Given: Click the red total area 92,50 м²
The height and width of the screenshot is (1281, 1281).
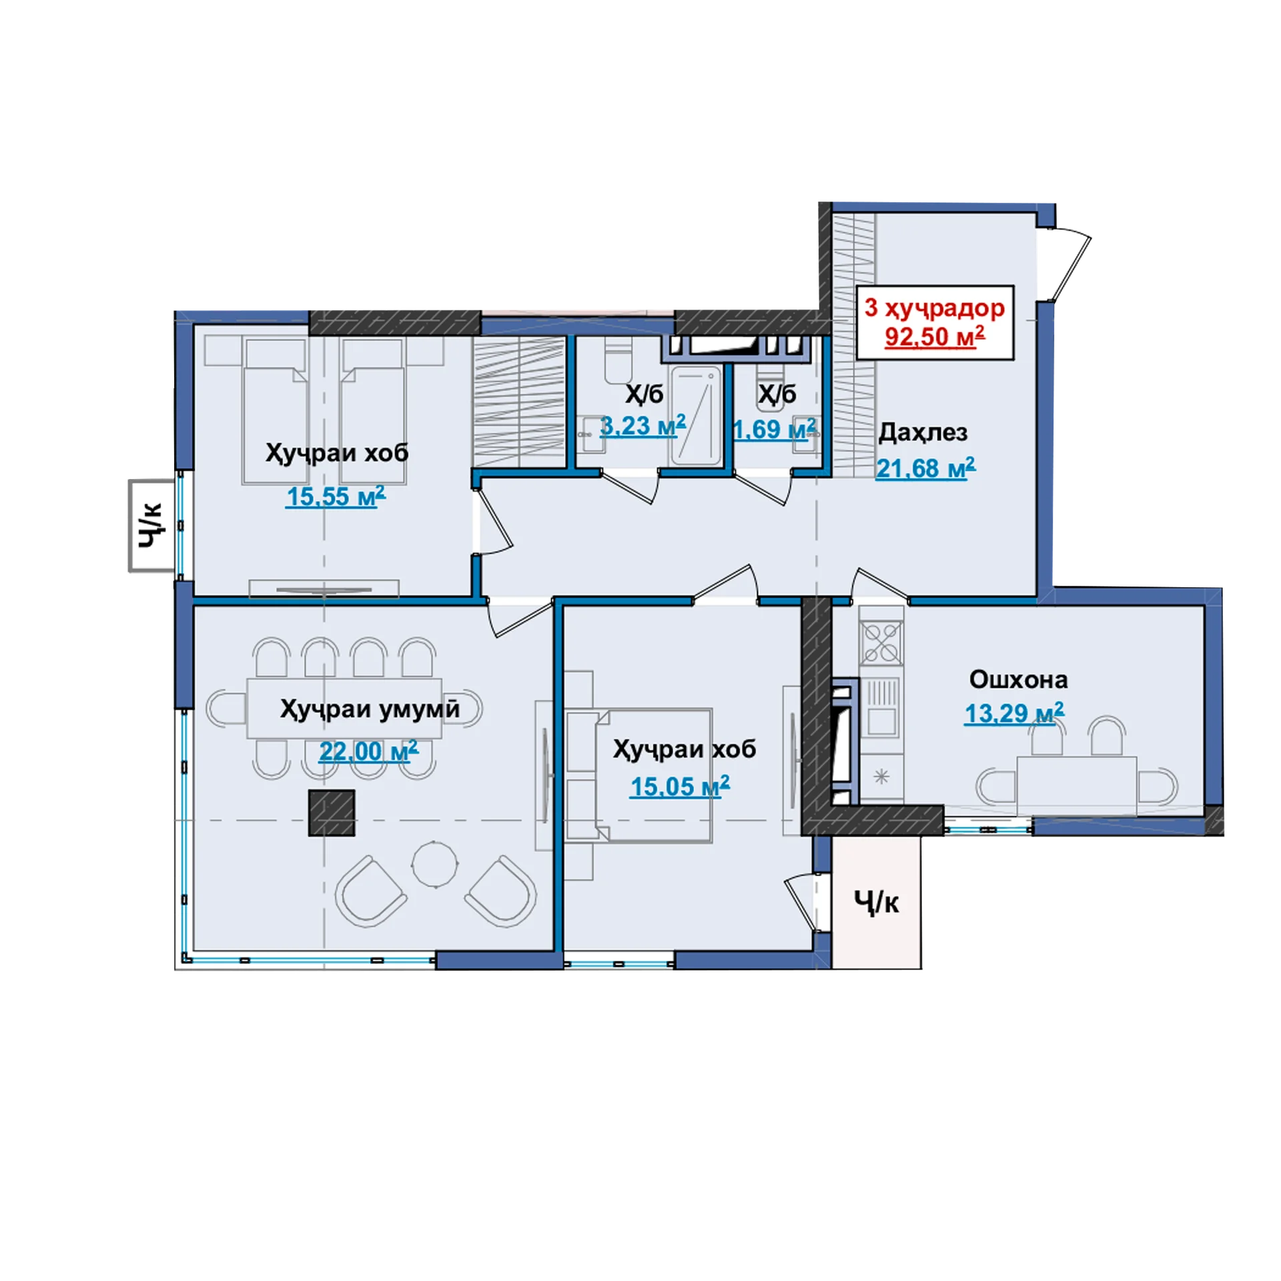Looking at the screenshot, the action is [934, 337].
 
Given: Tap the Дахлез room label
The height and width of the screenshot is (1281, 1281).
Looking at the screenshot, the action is [922, 432].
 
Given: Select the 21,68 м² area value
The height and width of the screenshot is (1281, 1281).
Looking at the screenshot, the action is [925, 468].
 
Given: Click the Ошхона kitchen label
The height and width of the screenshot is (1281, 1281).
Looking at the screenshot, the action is [1018, 679].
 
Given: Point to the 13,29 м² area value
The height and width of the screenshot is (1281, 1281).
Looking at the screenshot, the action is [1014, 713].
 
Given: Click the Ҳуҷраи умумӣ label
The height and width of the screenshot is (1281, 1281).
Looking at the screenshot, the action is [370, 709].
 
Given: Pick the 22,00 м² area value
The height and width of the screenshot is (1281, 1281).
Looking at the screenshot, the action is [368, 751].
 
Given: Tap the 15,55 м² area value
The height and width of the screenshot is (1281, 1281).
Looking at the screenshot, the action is [336, 496].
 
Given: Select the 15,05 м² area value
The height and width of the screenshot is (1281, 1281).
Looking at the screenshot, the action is [679, 787].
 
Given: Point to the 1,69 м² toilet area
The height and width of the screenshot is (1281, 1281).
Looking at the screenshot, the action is [774, 429].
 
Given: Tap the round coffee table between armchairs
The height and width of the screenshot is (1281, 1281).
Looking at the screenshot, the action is [434, 865].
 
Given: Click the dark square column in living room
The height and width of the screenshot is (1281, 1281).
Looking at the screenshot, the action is [331, 813].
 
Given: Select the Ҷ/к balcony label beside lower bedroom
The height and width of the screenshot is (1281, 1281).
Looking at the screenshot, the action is [876, 903].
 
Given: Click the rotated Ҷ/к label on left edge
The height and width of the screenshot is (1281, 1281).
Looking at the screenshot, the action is [151, 526].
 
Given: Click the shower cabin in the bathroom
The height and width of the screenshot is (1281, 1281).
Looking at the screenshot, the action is [696, 415].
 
